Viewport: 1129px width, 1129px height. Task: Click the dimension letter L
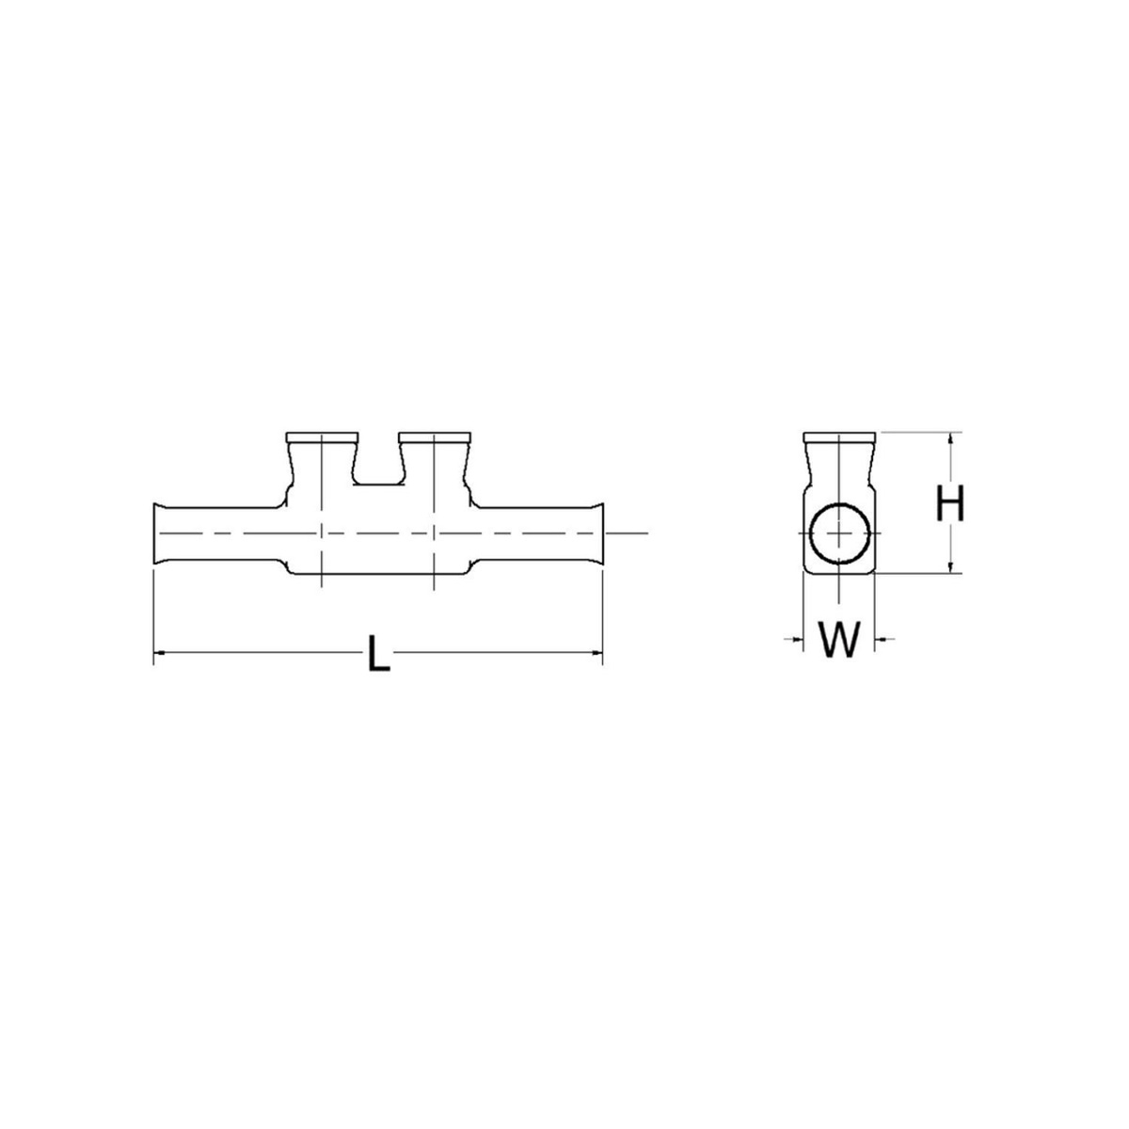(377, 654)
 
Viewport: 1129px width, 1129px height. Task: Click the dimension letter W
(838, 641)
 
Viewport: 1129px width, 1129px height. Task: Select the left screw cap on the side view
(322, 437)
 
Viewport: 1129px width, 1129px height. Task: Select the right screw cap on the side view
(434, 437)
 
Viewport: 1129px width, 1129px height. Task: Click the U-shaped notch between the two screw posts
(377, 466)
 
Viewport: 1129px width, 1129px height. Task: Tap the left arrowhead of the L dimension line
(160, 651)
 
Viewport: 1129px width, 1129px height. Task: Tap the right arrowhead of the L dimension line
(596, 651)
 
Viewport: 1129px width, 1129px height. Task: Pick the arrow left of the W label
(796, 640)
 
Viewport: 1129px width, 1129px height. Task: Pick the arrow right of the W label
(882, 640)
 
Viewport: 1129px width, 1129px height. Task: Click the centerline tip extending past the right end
(640, 533)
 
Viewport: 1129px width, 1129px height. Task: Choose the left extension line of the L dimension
(153, 612)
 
